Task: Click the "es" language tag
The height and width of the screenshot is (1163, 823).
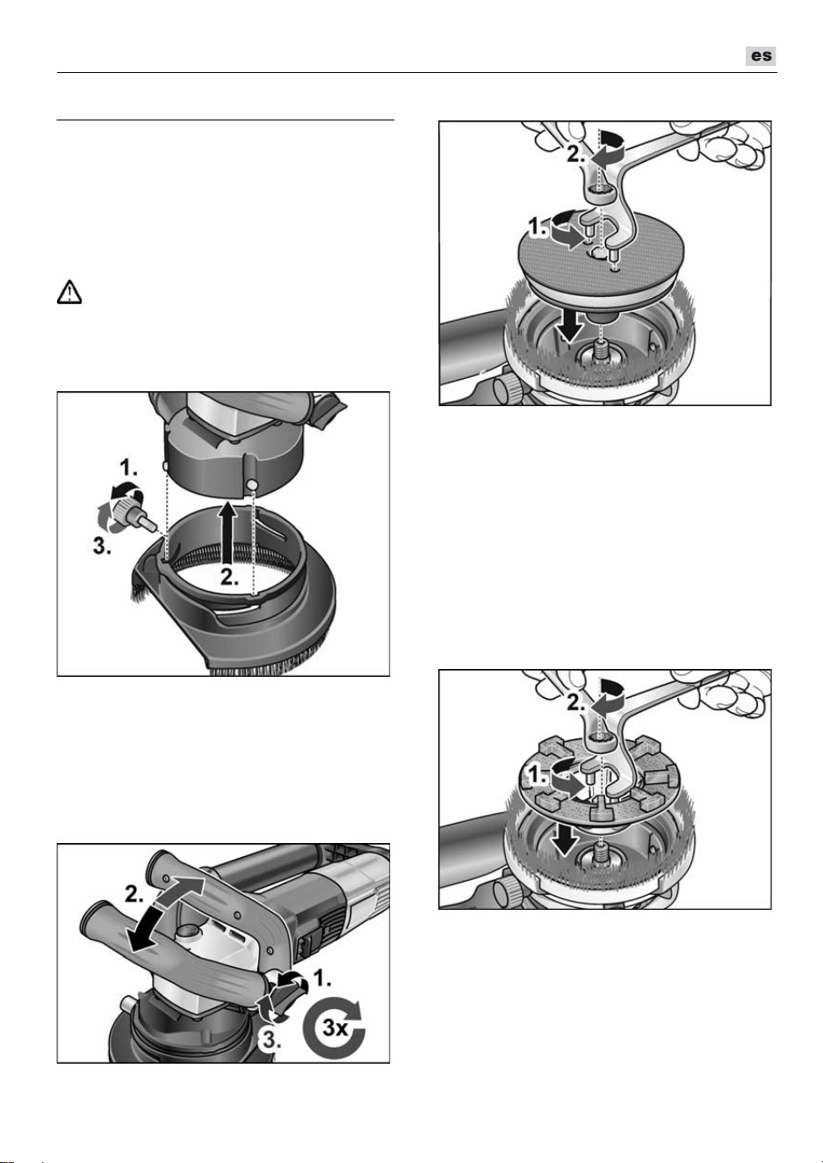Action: pyautogui.click(x=761, y=55)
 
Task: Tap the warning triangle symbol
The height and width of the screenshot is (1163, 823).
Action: pyautogui.click(x=69, y=293)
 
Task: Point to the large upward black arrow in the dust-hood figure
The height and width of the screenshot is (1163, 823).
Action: pyautogui.click(x=226, y=532)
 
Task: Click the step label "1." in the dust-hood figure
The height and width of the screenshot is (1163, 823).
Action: pyautogui.click(x=129, y=469)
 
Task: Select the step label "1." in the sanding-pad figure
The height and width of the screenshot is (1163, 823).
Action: pyautogui.click(x=537, y=228)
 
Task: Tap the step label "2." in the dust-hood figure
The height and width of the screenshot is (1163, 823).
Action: pyautogui.click(x=228, y=578)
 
